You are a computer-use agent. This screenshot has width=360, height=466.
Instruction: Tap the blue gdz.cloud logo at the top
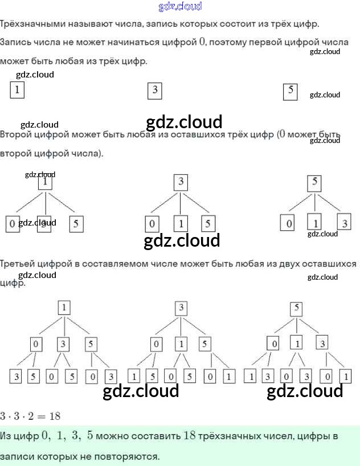(179, 7)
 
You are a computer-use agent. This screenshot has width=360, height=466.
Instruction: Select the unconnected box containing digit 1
(17, 89)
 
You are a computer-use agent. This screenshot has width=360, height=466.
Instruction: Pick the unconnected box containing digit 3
(154, 90)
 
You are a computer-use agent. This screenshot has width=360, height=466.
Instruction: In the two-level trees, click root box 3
(181, 182)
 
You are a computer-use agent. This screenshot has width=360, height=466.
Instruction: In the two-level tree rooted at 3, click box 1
(180, 223)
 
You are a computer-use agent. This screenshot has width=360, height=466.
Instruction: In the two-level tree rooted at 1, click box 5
(76, 224)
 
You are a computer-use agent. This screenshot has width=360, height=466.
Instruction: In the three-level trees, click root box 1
(64, 308)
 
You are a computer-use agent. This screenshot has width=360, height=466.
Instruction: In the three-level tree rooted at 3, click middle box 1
(181, 344)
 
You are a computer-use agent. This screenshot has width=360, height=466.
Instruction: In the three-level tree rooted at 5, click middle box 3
(323, 344)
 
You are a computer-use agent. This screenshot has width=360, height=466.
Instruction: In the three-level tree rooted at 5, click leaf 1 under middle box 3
(345, 377)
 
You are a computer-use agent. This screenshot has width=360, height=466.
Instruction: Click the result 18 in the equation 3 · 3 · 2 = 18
(54, 416)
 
